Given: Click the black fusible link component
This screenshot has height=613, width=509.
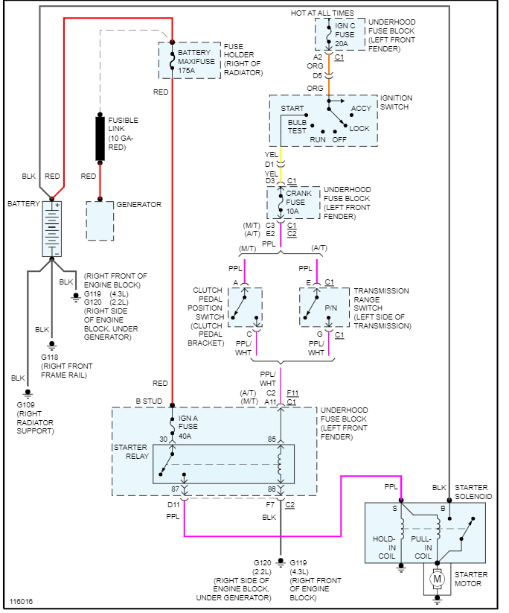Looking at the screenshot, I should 100,138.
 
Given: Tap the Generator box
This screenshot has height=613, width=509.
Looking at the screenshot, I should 100,220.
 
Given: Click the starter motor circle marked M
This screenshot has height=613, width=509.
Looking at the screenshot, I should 438,578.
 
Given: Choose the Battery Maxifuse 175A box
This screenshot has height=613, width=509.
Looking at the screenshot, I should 190,60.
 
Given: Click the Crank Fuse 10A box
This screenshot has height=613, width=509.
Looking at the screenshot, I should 293,203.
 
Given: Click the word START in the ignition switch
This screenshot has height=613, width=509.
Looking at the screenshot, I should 292,109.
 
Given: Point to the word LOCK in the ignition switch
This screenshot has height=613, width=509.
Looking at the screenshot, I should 359,129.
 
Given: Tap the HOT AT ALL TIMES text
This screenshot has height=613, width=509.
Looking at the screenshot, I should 321,13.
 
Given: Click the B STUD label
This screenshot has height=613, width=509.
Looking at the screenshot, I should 148,402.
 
